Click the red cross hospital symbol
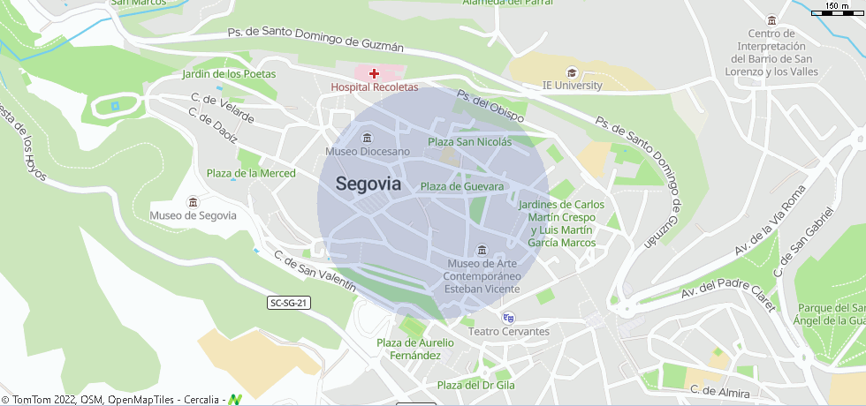click(375, 73)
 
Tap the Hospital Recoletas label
click(375, 87)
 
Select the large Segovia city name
click(368, 184)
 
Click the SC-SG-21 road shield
click(289, 303)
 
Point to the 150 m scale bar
click(838, 10)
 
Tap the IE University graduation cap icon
click(572, 72)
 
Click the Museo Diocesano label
click(368, 152)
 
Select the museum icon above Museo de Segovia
click(194, 202)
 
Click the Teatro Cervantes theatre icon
click(508, 318)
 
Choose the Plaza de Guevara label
click(462, 186)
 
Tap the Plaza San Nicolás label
click(469, 142)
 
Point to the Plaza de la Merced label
click(251, 173)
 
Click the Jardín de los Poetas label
click(229, 74)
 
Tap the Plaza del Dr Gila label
click(476, 385)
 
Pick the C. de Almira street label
click(720, 392)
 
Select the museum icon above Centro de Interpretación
click(772, 20)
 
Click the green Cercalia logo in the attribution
click(235, 399)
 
